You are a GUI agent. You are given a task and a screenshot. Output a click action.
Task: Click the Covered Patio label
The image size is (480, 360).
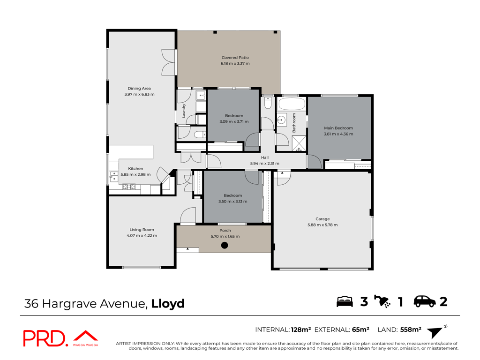[235, 57]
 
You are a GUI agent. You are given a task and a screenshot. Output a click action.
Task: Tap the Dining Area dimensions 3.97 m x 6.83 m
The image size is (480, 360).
[139, 94]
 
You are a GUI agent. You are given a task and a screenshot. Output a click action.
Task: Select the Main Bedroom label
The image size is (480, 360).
[338, 128]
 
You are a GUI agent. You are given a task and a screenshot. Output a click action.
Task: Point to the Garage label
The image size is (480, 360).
[322, 219]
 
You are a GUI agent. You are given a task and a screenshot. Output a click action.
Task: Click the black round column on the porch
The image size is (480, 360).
[225, 245]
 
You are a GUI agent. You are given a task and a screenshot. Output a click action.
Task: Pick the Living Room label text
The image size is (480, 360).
[142, 230]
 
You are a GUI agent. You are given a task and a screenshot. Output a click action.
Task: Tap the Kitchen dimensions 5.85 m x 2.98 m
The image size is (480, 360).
[135, 174]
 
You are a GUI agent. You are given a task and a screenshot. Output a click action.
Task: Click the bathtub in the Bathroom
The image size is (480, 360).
[292, 104]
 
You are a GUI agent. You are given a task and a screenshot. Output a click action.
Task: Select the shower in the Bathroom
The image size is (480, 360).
[299, 143]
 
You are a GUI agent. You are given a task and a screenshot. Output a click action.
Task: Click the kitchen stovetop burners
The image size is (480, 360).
[129, 187]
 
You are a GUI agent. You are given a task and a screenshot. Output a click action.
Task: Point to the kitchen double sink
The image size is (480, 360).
[114, 177]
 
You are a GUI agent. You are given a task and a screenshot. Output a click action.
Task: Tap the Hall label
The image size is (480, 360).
[265, 157]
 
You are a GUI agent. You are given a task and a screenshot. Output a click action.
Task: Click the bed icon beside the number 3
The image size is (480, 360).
[345, 301]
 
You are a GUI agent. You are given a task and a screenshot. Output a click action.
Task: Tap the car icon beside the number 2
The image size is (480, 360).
[425, 301]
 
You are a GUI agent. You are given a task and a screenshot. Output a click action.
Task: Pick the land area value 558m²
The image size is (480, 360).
[411, 330]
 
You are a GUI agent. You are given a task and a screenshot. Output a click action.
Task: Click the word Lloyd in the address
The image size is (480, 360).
[168, 304]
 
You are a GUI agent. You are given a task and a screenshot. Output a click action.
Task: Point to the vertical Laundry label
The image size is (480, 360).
[184, 111]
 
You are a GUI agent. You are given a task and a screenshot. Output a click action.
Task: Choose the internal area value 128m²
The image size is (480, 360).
[301, 330]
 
